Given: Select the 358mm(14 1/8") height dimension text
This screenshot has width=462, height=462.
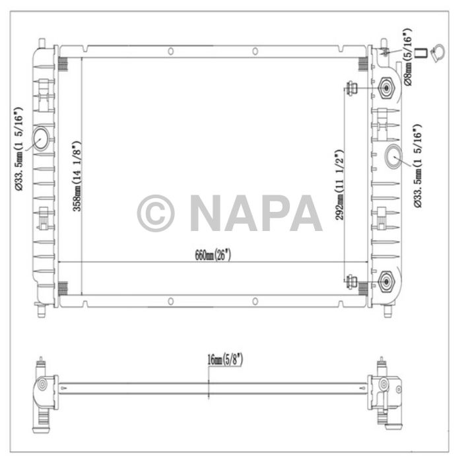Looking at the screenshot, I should [77, 175].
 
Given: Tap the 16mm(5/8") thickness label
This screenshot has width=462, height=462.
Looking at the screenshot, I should [224, 360].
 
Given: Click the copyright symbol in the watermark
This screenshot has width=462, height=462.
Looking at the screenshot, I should [156, 213].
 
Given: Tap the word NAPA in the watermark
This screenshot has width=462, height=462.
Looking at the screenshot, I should [255, 213].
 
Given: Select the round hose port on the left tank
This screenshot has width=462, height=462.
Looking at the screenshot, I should [40, 139].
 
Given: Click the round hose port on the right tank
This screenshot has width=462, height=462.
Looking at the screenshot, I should [395, 156].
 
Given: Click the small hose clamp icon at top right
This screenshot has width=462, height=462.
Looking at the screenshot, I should [436, 53].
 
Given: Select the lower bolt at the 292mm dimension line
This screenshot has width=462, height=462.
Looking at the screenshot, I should [352, 284].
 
